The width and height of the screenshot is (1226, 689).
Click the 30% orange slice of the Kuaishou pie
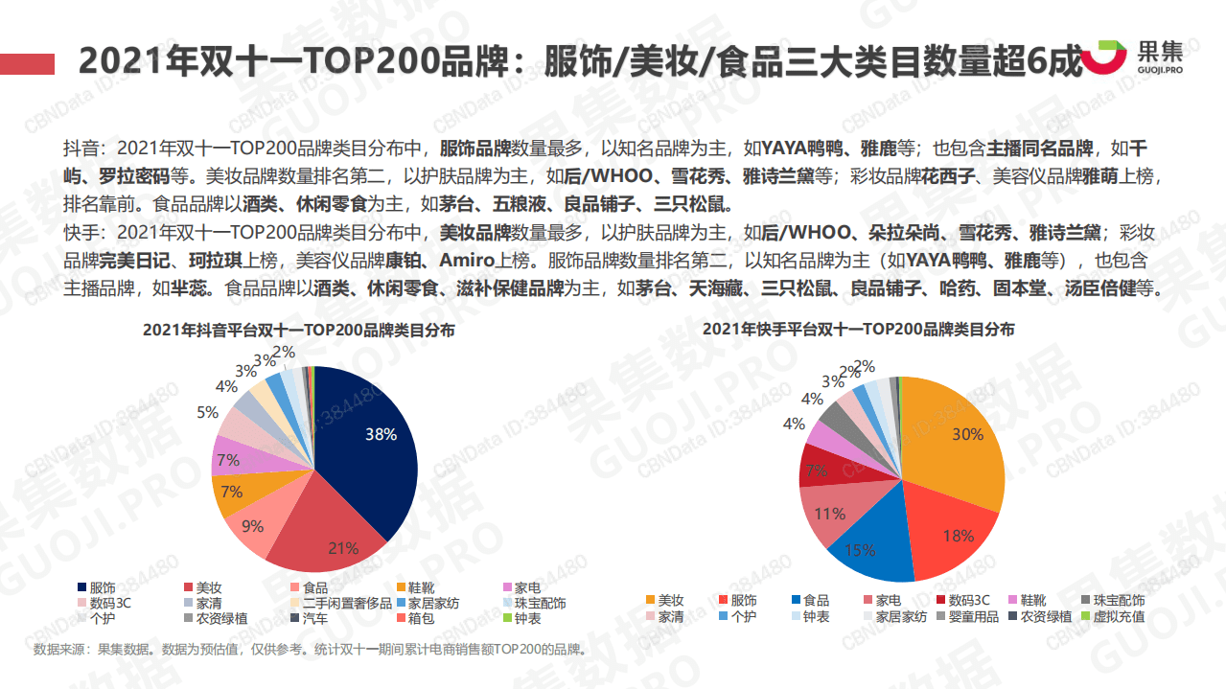(959, 441)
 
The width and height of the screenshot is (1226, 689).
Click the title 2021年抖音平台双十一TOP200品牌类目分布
(299, 330)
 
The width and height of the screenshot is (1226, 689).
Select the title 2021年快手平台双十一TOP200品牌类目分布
(858, 329)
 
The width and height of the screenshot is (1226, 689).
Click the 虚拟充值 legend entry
(1112, 616)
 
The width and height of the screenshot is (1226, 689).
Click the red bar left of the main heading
(27, 63)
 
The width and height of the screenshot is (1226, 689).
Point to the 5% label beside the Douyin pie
(207, 412)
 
